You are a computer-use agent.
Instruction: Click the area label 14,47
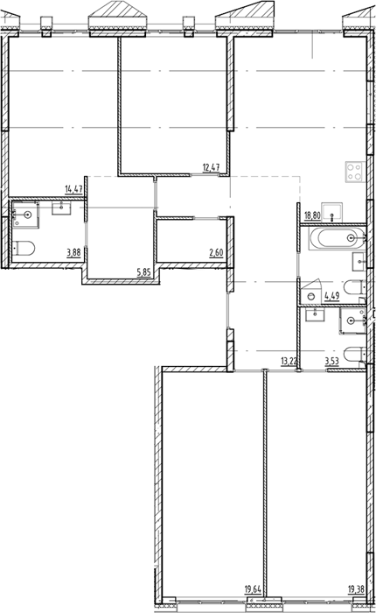[x=73, y=190]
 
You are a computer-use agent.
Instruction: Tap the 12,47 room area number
[x=211, y=168]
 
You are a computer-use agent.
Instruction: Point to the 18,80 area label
[x=312, y=215]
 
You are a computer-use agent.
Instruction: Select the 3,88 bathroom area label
[x=73, y=252]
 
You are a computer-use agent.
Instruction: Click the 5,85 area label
[x=143, y=272]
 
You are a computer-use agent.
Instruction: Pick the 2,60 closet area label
[x=216, y=252]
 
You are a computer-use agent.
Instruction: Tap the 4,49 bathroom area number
[x=332, y=296]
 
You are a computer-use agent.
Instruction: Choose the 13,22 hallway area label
[x=289, y=362]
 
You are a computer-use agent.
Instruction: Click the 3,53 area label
[x=332, y=362]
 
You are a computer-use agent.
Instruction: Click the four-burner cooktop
[x=354, y=172]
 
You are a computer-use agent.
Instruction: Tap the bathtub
[x=337, y=237]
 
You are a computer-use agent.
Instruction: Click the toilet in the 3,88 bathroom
[x=24, y=248]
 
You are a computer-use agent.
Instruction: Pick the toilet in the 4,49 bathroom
[x=354, y=288]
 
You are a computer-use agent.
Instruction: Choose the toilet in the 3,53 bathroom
[x=355, y=355]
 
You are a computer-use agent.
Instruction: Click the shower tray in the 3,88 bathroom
[x=25, y=214]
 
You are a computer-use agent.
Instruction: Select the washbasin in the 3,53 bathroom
[x=315, y=314]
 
